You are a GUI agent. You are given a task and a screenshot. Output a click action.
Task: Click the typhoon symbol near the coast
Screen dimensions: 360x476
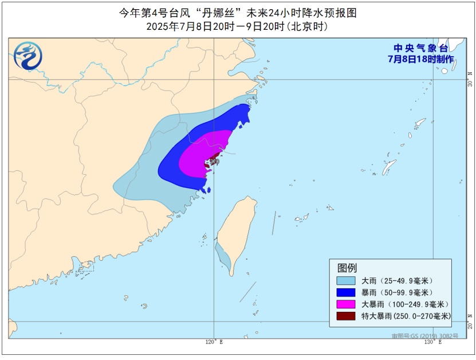tap(213, 162)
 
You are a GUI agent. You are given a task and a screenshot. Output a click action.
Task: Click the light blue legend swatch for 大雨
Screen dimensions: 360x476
tap(345, 281)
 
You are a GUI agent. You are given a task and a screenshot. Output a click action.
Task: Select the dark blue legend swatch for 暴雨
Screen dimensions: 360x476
tap(345, 292)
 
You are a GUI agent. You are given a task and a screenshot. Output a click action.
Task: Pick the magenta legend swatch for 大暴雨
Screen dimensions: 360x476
tap(345, 304)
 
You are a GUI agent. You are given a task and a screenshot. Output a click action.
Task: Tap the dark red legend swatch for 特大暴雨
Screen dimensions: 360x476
tap(345, 316)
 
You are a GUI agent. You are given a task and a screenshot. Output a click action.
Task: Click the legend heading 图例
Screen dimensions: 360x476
tap(347, 268)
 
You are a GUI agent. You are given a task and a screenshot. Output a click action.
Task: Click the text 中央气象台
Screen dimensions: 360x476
tap(422, 48)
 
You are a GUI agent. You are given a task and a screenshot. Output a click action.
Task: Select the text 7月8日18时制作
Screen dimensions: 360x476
tap(421, 59)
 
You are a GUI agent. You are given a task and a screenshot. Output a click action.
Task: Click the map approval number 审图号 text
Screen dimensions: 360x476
tap(424, 335)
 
